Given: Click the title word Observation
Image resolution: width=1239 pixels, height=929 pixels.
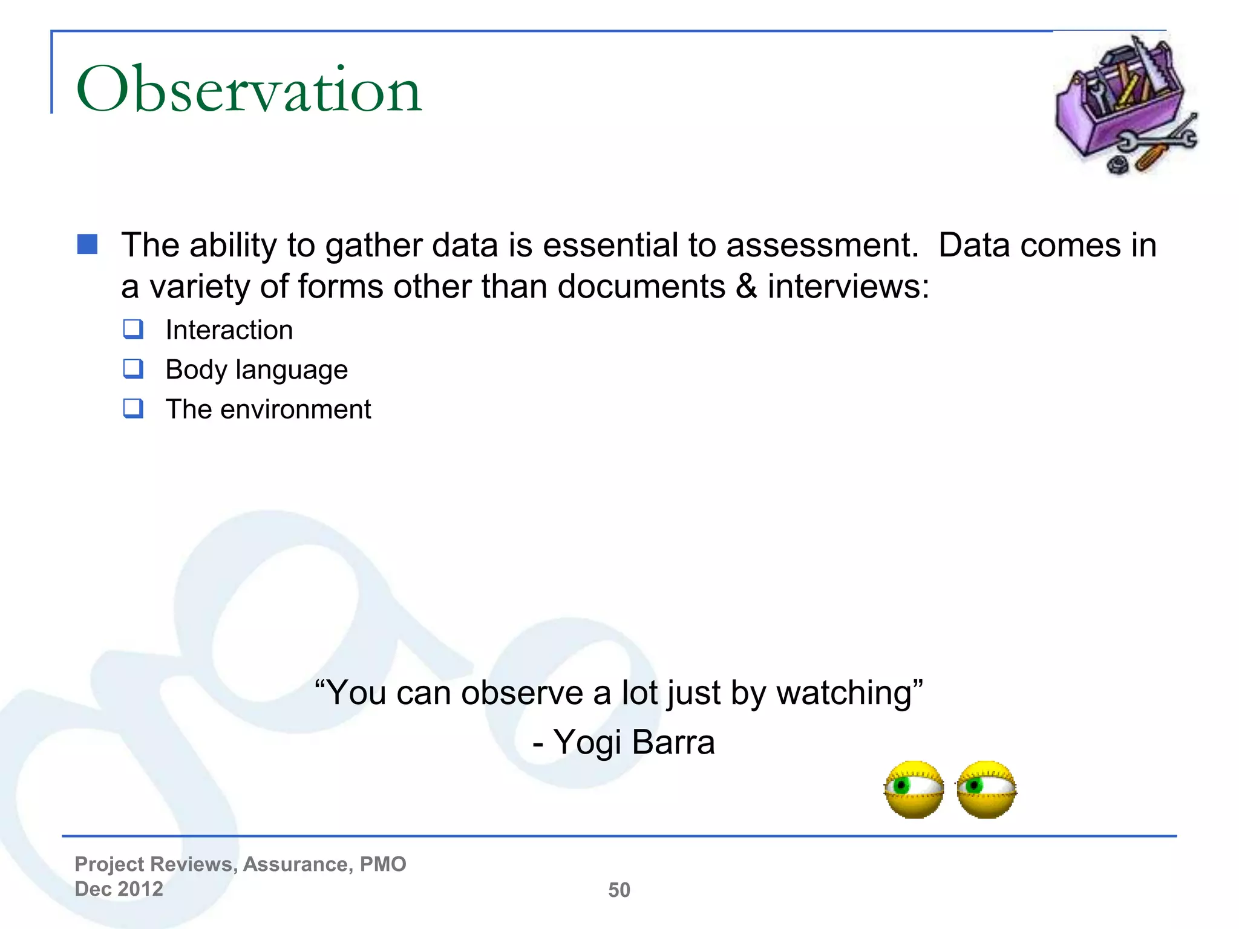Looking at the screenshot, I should (x=249, y=90).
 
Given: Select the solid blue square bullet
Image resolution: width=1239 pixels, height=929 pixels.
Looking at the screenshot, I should (x=88, y=245).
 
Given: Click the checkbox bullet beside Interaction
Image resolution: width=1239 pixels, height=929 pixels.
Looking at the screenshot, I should (x=133, y=329).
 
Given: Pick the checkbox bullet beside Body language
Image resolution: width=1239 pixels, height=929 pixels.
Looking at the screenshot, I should (x=133, y=369).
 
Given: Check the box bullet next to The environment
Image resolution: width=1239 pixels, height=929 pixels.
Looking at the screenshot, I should (x=133, y=408).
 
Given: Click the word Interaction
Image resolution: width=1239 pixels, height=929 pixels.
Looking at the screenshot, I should (x=229, y=330).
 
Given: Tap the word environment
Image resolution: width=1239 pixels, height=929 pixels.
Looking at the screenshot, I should (x=295, y=409).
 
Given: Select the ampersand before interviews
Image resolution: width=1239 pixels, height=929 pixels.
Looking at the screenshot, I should (x=747, y=286).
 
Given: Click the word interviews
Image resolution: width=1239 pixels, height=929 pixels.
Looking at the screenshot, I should (x=848, y=286).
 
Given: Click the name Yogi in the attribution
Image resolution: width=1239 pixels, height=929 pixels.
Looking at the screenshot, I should (x=587, y=743).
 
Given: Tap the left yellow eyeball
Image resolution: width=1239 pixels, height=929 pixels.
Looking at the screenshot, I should (x=914, y=789).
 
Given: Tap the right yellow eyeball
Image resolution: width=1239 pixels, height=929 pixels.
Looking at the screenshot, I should (x=986, y=789).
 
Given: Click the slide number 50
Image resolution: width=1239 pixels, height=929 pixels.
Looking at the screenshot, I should (x=619, y=890).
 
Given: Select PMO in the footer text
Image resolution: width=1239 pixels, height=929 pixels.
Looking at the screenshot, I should (x=383, y=864).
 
